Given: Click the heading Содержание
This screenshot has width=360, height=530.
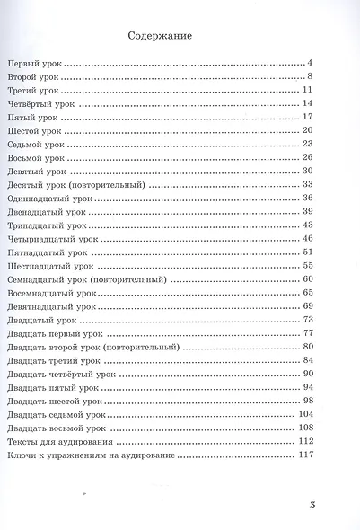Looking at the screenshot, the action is [161, 36].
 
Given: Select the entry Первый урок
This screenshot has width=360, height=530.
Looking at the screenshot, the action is [35, 65].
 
